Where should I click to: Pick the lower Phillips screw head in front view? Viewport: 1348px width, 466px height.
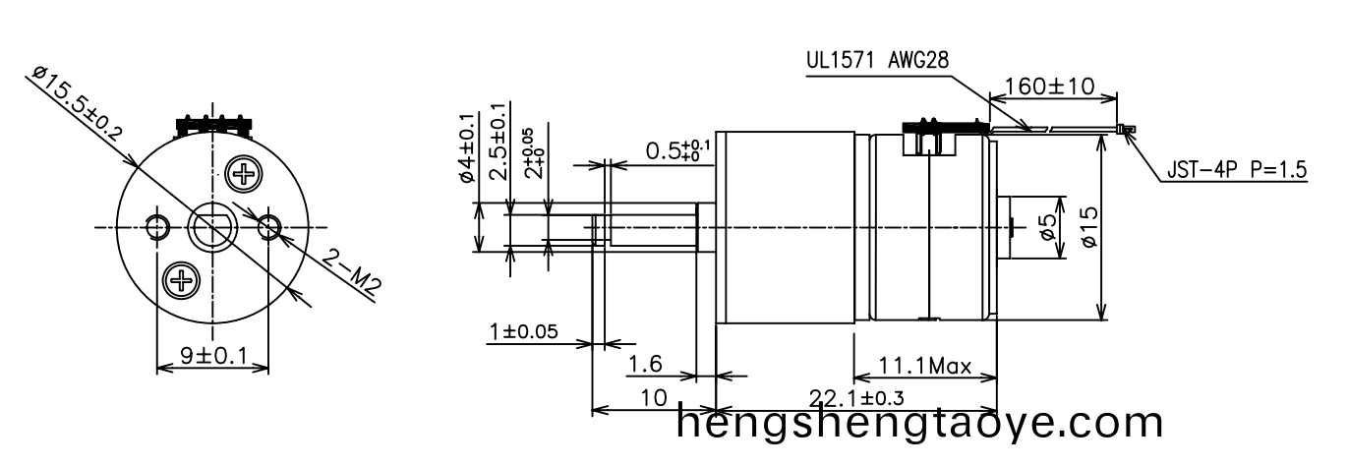click(x=181, y=281)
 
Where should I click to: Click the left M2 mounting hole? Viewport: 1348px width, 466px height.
click(x=156, y=227)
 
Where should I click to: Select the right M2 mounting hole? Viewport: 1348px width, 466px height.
click(x=268, y=227)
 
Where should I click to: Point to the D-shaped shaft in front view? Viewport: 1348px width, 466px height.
click(x=212, y=228)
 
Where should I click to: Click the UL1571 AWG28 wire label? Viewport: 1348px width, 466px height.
click(x=877, y=59)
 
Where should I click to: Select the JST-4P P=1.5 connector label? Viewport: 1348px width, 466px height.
click(x=1236, y=170)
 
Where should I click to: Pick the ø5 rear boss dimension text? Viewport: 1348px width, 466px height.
click(x=1049, y=228)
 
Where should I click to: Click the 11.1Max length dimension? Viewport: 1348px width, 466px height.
click(x=924, y=368)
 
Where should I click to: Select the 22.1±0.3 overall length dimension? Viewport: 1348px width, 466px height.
click(x=855, y=397)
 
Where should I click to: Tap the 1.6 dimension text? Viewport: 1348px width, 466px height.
click(x=645, y=365)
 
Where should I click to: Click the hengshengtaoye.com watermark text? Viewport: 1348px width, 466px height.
click(x=920, y=423)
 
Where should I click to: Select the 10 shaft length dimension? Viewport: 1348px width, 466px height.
click(x=652, y=397)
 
